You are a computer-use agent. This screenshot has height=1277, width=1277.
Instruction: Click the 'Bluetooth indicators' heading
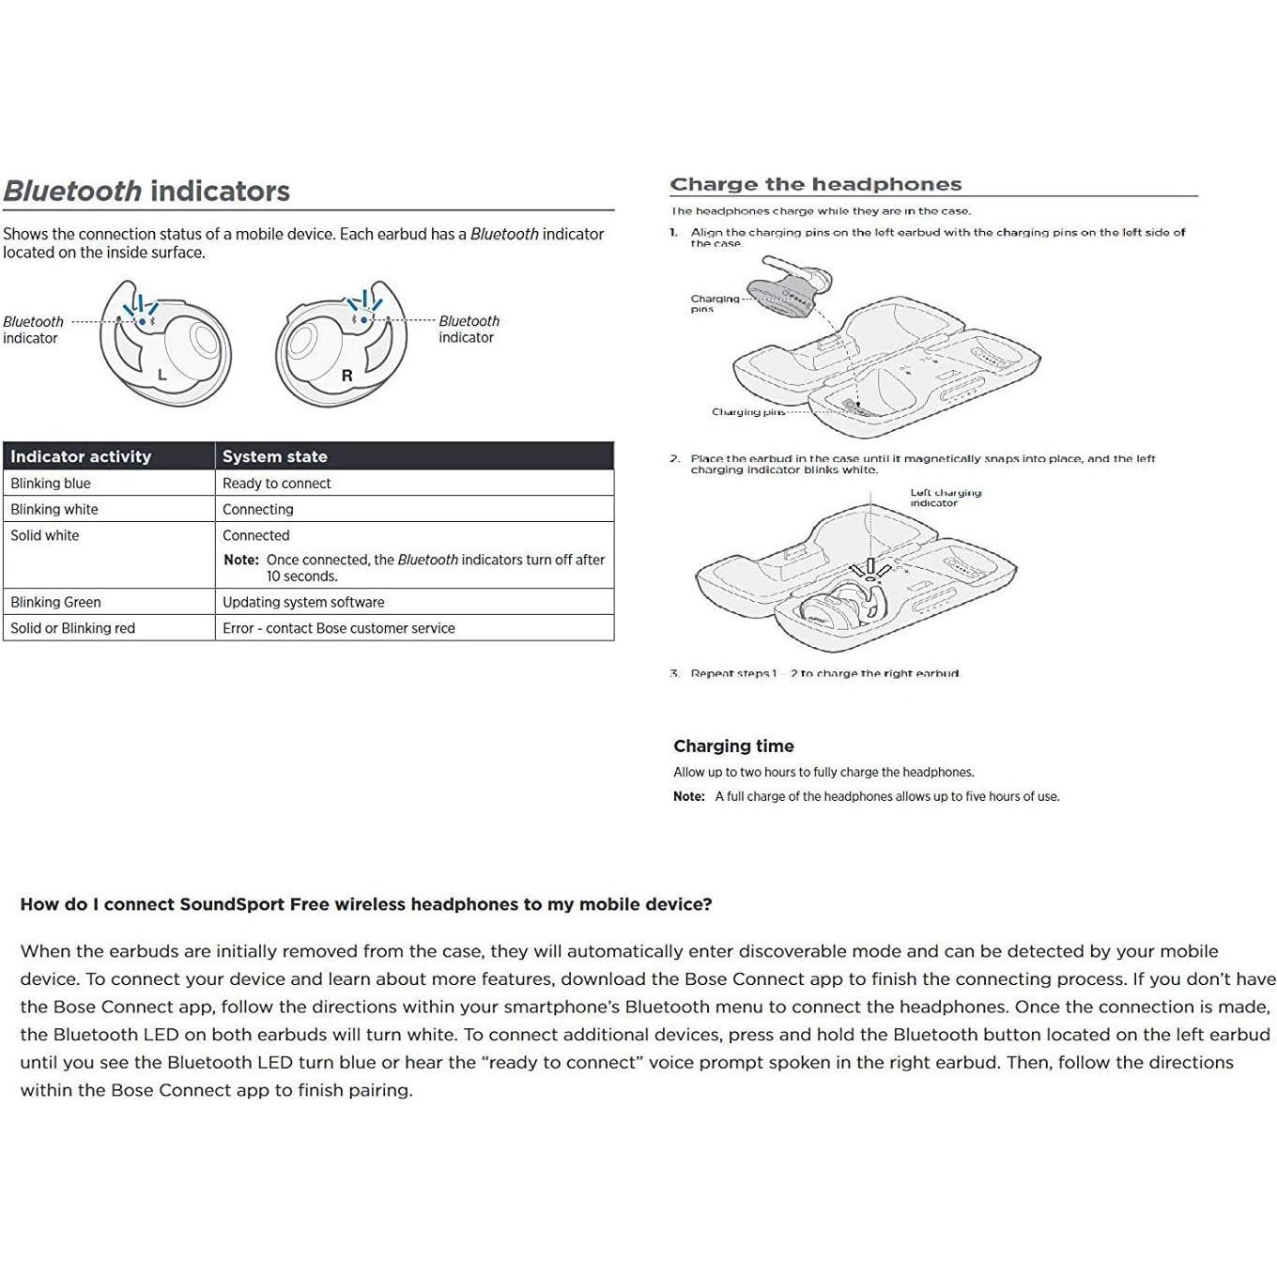146,192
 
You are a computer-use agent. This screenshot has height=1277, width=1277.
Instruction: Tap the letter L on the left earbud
162,375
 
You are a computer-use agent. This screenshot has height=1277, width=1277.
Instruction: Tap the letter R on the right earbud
346,376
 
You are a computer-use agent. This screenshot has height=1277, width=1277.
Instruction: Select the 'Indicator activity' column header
81,456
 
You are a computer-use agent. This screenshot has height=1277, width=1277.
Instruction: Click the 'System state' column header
275,456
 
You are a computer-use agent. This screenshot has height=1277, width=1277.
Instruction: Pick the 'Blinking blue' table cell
51,484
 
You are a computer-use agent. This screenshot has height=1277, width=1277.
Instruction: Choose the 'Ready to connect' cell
277,484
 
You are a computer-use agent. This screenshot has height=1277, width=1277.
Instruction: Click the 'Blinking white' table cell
54,510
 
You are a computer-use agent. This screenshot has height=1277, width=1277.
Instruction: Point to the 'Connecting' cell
258,510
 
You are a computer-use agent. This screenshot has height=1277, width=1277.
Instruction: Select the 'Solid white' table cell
45,536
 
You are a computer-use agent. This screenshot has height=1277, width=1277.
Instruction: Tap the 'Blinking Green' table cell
55,603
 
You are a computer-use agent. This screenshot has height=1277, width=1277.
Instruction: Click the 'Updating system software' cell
303,603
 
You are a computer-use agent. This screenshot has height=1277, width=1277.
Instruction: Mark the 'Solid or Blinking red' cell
72,629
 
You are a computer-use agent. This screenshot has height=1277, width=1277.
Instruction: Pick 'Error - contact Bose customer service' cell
339,629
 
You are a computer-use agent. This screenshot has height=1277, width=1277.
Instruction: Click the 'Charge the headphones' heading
815,184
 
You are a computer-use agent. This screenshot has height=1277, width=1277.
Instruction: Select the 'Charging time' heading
733,746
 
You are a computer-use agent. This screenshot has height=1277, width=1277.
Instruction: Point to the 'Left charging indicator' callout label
945,498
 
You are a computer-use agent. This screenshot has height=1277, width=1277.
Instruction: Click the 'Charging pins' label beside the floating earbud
714,303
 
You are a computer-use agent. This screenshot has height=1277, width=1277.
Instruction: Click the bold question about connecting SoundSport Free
366,905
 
